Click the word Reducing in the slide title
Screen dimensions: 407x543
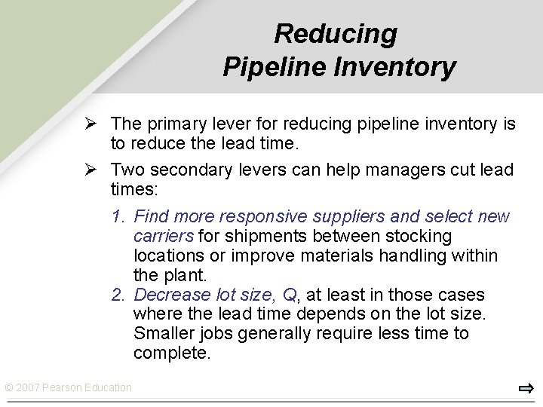point(335,34)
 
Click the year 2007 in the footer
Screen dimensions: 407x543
point(29,387)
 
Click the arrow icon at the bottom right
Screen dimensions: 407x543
point(526,389)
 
